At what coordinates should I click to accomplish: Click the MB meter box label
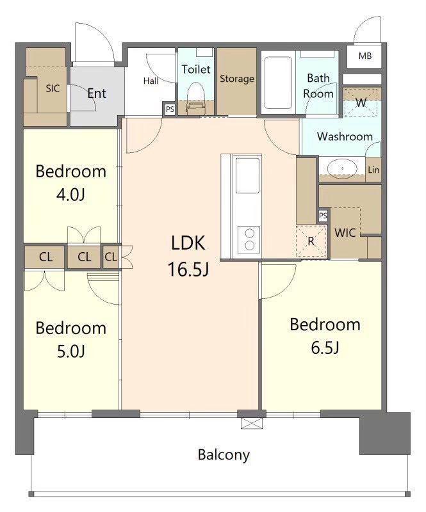pyautogui.click(x=365, y=56)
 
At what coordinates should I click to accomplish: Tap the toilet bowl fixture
pyautogui.click(x=196, y=97)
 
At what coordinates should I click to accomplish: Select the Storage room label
pyautogui.click(x=237, y=79)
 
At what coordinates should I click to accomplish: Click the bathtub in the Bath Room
pyautogui.click(x=278, y=83)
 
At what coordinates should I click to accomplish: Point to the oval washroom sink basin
pyautogui.click(x=342, y=168)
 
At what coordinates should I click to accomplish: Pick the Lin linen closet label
pyautogui.click(x=373, y=170)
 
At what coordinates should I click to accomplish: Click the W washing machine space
pyautogui.click(x=362, y=102)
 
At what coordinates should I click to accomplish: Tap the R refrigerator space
pyautogui.click(x=311, y=241)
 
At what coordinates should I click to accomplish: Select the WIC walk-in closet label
pyautogui.click(x=345, y=233)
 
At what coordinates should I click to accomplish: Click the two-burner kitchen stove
pyautogui.click(x=249, y=239)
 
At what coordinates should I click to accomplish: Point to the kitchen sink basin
pyautogui.click(x=248, y=175)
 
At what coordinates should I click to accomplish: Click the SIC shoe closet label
pyautogui.click(x=53, y=88)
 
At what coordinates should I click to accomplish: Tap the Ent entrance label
pyautogui.click(x=97, y=93)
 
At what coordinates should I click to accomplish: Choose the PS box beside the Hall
pyautogui.click(x=170, y=109)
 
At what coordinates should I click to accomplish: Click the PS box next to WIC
pyautogui.click(x=323, y=216)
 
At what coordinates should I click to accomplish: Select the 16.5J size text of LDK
pyautogui.click(x=188, y=269)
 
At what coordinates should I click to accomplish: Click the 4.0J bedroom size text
pyautogui.click(x=71, y=195)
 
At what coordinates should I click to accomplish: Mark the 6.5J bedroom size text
pyautogui.click(x=325, y=348)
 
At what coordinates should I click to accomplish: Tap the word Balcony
pyautogui.click(x=224, y=455)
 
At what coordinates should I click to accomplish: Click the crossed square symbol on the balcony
pyautogui.click(x=252, y=424)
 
